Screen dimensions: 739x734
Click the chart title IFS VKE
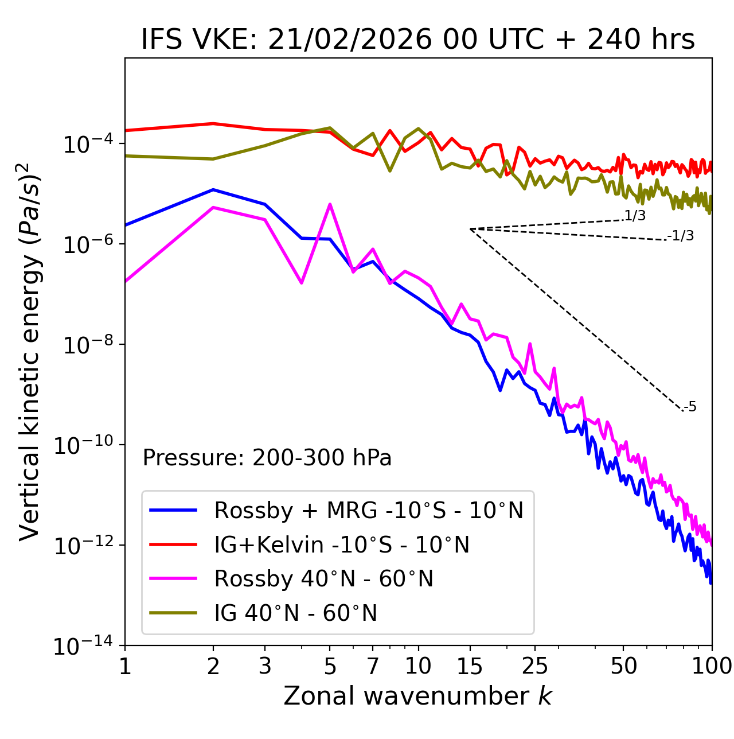pos(417,40)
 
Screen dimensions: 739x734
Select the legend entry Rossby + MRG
pos(369,510)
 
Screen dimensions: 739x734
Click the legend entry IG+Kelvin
pos(342,544)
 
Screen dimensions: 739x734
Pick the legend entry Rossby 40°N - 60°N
pos(323,579)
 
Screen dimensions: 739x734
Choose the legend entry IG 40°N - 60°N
pos(295,613)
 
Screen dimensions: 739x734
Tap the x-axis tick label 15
pos(470,666)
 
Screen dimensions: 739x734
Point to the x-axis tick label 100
pos(712,666)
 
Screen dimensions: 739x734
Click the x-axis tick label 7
pos(373,666)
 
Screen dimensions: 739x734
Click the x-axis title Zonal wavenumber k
pos(417,696)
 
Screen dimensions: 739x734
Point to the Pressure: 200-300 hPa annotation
pos(267,458)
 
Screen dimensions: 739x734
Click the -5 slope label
pos(690,407)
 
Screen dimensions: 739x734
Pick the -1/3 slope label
pos(681,235)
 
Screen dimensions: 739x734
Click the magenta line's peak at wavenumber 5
pos(330,204)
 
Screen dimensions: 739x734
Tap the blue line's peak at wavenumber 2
pos(213,189)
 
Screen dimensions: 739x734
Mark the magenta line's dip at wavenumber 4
pos(302,283)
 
